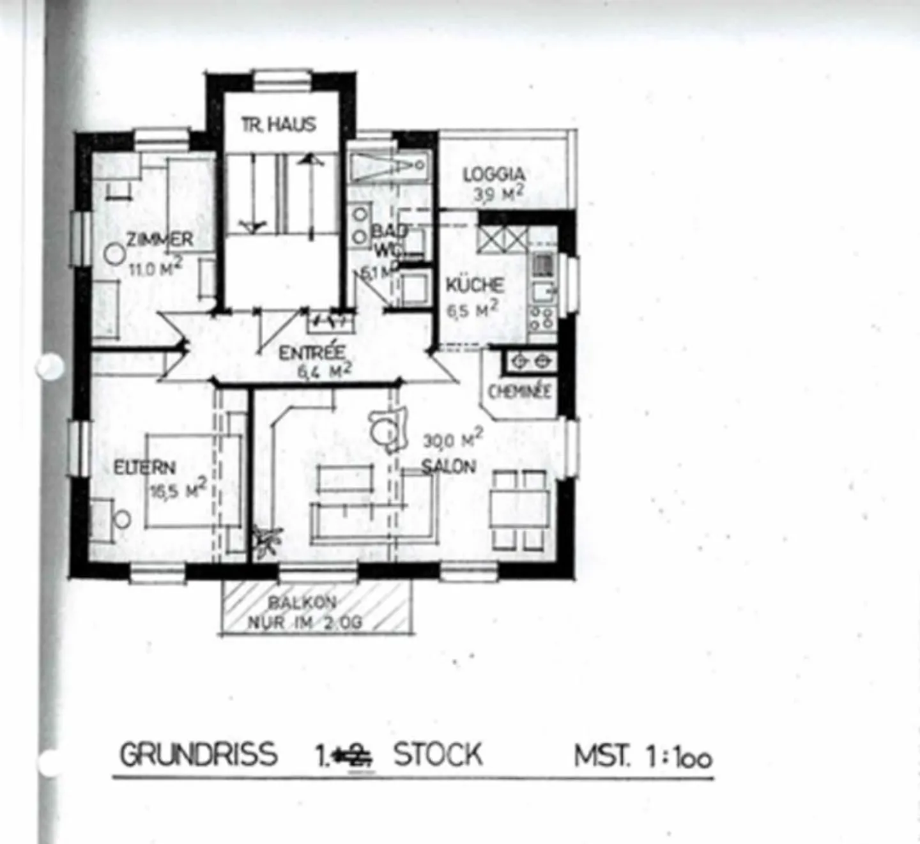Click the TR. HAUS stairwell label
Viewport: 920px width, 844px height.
(279, 124)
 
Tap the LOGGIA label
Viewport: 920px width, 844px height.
(494, 174)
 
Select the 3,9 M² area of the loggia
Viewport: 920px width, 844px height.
(499, 194)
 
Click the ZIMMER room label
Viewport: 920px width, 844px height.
(160, 240)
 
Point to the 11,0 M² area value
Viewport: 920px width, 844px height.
(155, 267)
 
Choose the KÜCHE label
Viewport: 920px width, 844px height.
(475, 284)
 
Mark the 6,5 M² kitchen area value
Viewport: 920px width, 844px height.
(472, 311)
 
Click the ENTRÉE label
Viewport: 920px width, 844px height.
(312, 352)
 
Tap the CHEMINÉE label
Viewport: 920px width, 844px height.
(519, 392)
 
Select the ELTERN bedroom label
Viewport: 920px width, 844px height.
(144, 467)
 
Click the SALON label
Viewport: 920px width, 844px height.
(449, 466)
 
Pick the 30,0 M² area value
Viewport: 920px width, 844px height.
(452, 440)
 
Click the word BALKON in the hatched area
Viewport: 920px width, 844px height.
(302, 602)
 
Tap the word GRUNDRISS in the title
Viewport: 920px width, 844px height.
(199, 754)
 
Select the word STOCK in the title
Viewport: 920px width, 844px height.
(438, 754)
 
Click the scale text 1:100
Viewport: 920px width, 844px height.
(678, 758)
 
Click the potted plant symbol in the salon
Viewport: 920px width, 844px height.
(265, 541)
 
